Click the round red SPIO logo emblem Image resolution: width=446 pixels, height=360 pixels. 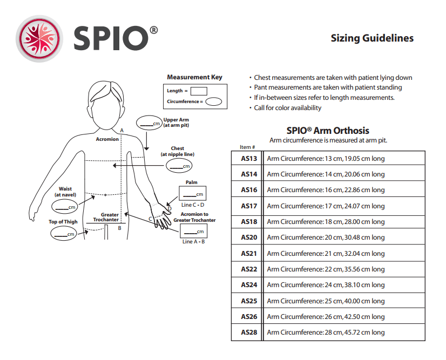tap(38, 38)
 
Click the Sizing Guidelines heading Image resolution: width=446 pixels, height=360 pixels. tap(371, 38)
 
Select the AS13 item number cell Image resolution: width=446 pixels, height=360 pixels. tap(248, 159)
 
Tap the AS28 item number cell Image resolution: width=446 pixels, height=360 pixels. tap(248, 332)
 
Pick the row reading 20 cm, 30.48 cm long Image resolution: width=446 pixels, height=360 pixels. tap(325, 237)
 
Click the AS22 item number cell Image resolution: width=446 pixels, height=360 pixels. tap(248, 269)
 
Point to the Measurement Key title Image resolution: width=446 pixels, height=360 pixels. tap(194, 77)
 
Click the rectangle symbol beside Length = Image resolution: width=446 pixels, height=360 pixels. tap(199, 91)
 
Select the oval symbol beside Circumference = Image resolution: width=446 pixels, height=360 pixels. tap(214, 101)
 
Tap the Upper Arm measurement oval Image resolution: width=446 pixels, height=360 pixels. tap(148, 123)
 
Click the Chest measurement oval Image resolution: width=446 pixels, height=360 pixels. tap(179, 166)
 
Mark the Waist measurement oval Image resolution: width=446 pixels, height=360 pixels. tap(65, 207)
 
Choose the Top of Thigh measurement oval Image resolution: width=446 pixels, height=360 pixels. tap(64, 233)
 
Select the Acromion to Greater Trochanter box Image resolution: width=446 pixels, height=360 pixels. tap(193, 230)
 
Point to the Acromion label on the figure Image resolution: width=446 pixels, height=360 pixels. tap(107, 139)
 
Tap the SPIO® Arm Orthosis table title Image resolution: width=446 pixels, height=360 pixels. tap(327, 131)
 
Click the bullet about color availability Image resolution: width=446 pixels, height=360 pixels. tap(287, 107)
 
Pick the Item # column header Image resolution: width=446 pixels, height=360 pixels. tap(247, 147)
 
